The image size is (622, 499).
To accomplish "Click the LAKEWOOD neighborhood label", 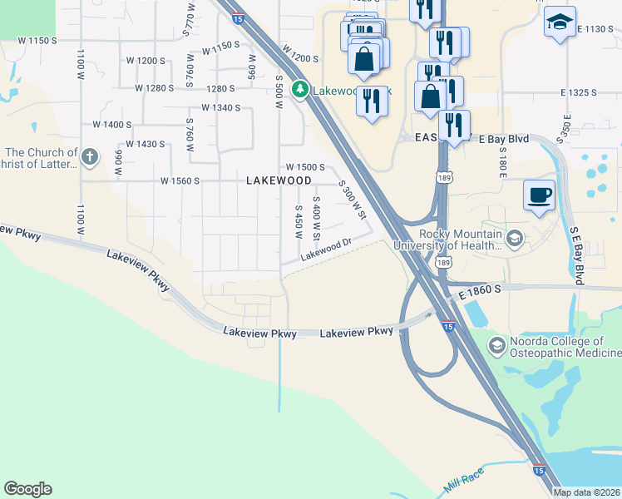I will coord(279,180).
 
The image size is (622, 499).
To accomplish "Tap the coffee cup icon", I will coord(539,195).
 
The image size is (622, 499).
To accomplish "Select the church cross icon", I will coord(91,156).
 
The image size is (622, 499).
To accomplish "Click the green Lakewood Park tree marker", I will coord(299,90).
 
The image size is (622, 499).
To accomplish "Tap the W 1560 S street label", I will coord(180,180).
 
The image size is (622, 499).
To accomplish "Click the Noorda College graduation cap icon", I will coord(497,345).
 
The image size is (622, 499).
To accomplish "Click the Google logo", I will coord(27,489).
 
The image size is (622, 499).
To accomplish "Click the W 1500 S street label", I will coord(305,167).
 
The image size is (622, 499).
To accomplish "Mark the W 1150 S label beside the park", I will coord(30,40).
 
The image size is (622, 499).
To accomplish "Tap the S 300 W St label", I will coord(353,200).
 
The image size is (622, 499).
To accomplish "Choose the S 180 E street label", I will coord(503,161).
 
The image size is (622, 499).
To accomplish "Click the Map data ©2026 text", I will coord(587,492).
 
